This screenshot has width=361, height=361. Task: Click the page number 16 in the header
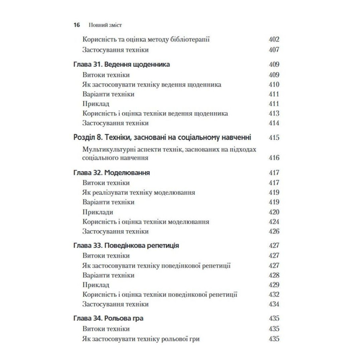(x=77, y=25)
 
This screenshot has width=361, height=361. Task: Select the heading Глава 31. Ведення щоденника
(x=121, y=65)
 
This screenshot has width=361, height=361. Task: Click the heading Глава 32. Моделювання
(x=112, y=173)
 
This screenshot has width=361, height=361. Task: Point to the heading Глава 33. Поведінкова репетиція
(x=126, y=246)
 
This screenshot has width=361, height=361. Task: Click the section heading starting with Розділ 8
(x=162, y=138)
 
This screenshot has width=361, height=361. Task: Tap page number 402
(x=274, y=40)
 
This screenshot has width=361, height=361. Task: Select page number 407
(x=274, y=50)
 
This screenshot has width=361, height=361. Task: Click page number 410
(x=274, y=85)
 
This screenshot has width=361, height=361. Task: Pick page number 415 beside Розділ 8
(x=274, y=138)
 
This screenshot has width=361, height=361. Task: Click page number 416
(x=274, y=158)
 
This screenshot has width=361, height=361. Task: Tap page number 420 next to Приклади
(x=274, y=212)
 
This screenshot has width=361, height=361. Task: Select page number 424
(x=274, y=222)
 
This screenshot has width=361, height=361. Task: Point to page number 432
(x=274, y=295)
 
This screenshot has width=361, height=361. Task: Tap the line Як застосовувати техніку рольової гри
(x=141, y=339)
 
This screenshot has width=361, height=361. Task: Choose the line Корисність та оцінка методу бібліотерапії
(x=146, y=40)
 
